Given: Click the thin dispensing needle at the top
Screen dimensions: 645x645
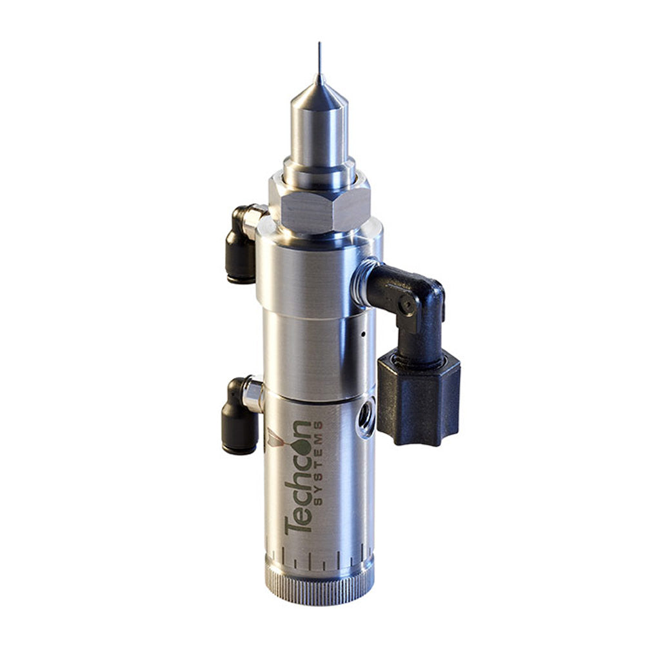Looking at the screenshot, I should pos(319,61).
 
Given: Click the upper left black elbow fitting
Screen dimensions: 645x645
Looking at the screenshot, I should pos(240,248).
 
